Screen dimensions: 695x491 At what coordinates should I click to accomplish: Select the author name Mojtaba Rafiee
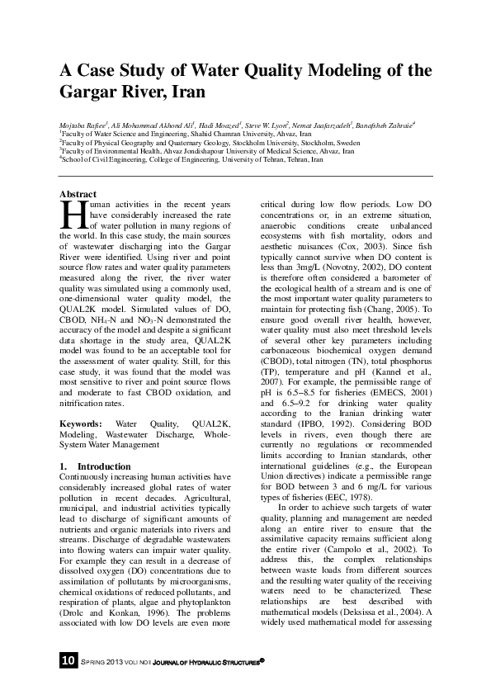pyautogui.click(x=85, y=122)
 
